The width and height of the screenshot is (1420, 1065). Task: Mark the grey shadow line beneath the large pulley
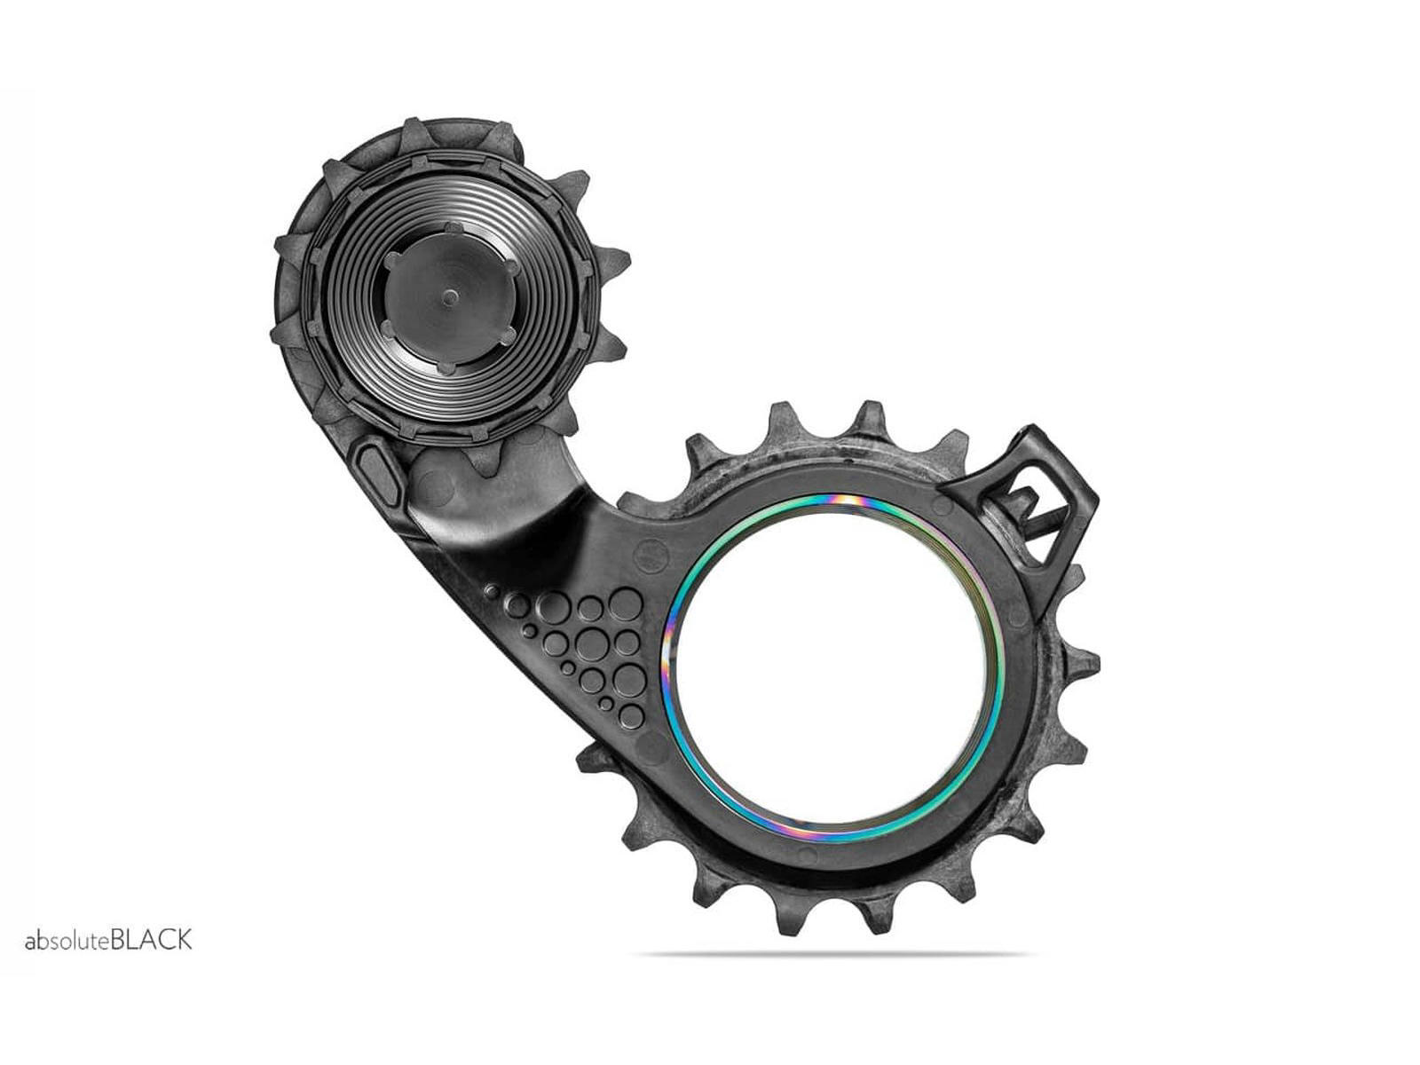pos(834,955)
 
